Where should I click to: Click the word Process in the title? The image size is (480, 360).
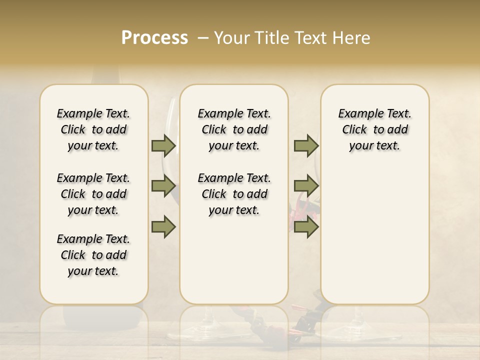(154, 38)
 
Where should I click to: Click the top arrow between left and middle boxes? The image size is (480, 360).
(163, 145)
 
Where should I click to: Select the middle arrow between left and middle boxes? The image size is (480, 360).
(163, 186)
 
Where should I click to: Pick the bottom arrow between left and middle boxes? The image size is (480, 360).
(163, 227)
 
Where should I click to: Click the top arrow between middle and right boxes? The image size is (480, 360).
(306, 145)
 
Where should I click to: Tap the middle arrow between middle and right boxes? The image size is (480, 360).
(306, 186)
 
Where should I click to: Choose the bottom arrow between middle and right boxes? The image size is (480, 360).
(306, 227)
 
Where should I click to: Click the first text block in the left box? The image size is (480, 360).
(93, 129)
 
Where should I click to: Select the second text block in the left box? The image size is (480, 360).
(93, 194)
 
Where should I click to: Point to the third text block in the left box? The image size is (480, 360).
(93, 255)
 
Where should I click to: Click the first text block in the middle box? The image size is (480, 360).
(234, 129)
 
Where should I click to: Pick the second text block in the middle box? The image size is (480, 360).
(234, 194)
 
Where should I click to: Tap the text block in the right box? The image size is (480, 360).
(374, 129)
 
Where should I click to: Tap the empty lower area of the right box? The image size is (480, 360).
(374, 240)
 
